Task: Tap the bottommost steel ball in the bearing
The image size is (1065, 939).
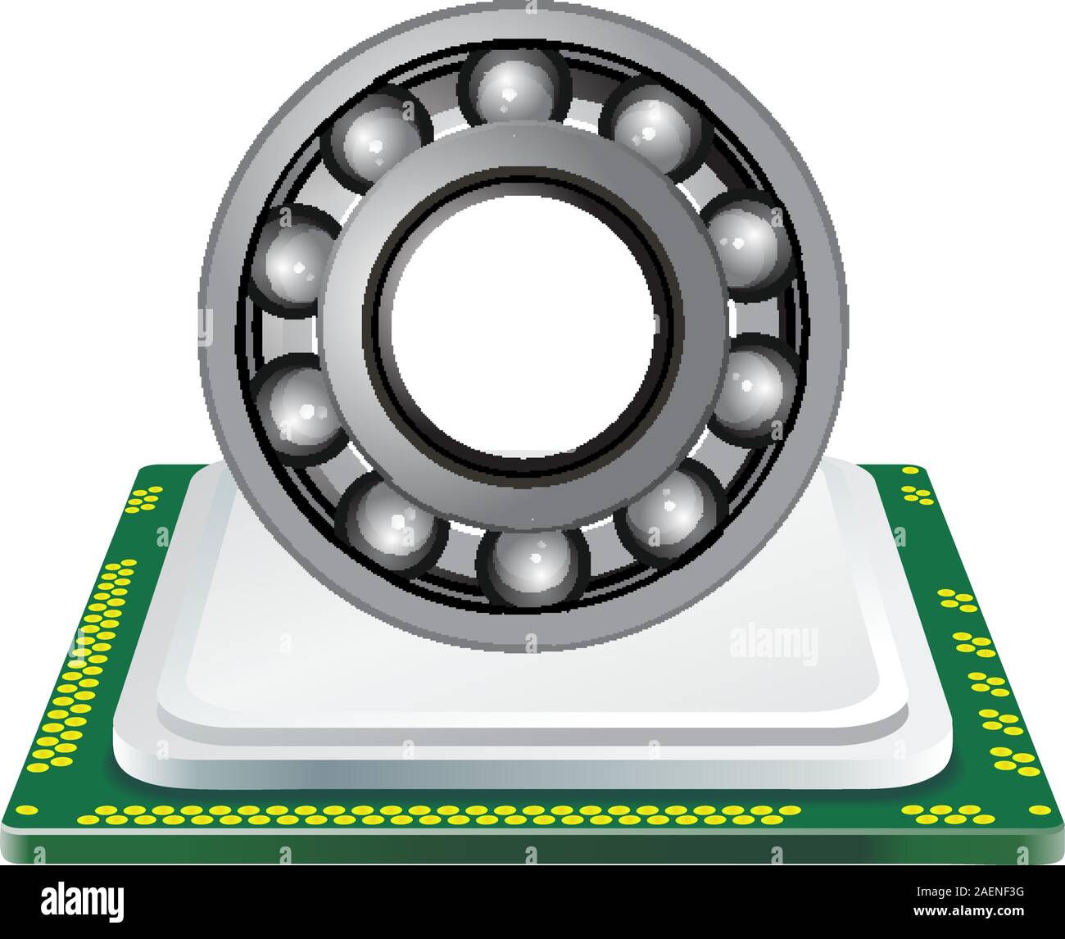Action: pyautogui.click(x=533, y=565)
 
